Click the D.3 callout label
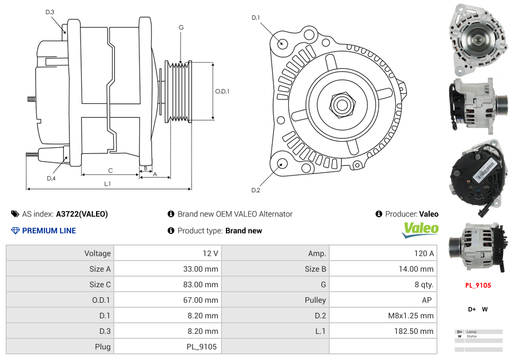(50, 12)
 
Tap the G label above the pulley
(181, 27)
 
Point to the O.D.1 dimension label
(222, 91)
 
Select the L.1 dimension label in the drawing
(108, 183)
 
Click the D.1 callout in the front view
(255, 18)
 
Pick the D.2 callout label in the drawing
(255, 191)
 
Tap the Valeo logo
(420, 229)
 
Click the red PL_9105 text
(478, 286)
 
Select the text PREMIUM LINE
(49, 231)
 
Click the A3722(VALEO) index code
(82, 214)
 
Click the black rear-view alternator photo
(477, 179)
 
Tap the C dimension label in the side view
(110, 171)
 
